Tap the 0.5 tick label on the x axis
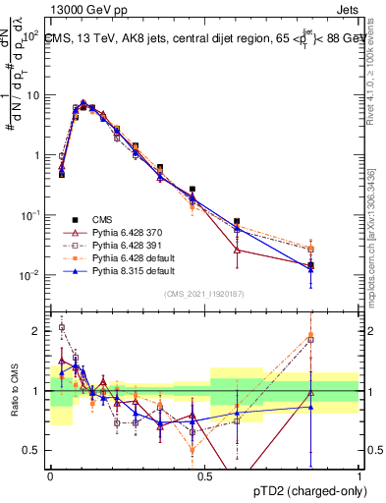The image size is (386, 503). (204, 475)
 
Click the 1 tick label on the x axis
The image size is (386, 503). (358, 475)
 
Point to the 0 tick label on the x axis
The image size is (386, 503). (50, 475)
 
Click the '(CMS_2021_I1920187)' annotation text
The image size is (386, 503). (203, 293)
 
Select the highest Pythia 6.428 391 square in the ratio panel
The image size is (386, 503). (62, 328)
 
